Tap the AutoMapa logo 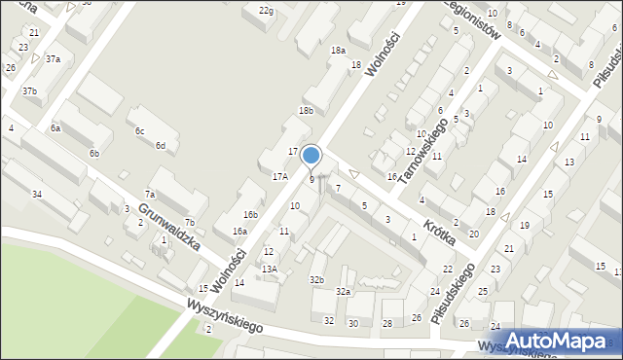point(549,341)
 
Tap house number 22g point(266,10)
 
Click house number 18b point(306,111)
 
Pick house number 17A point(280,176)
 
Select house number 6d point(160,146)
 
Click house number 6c point(139,130)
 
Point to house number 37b point(30,91)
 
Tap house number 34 point(36,195)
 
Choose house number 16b point(251,214)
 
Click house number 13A point(270,269)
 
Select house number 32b point(316,280)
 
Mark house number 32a point(343,291)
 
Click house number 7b point(190,223)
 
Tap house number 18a point(338,50)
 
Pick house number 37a point(53,58)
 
